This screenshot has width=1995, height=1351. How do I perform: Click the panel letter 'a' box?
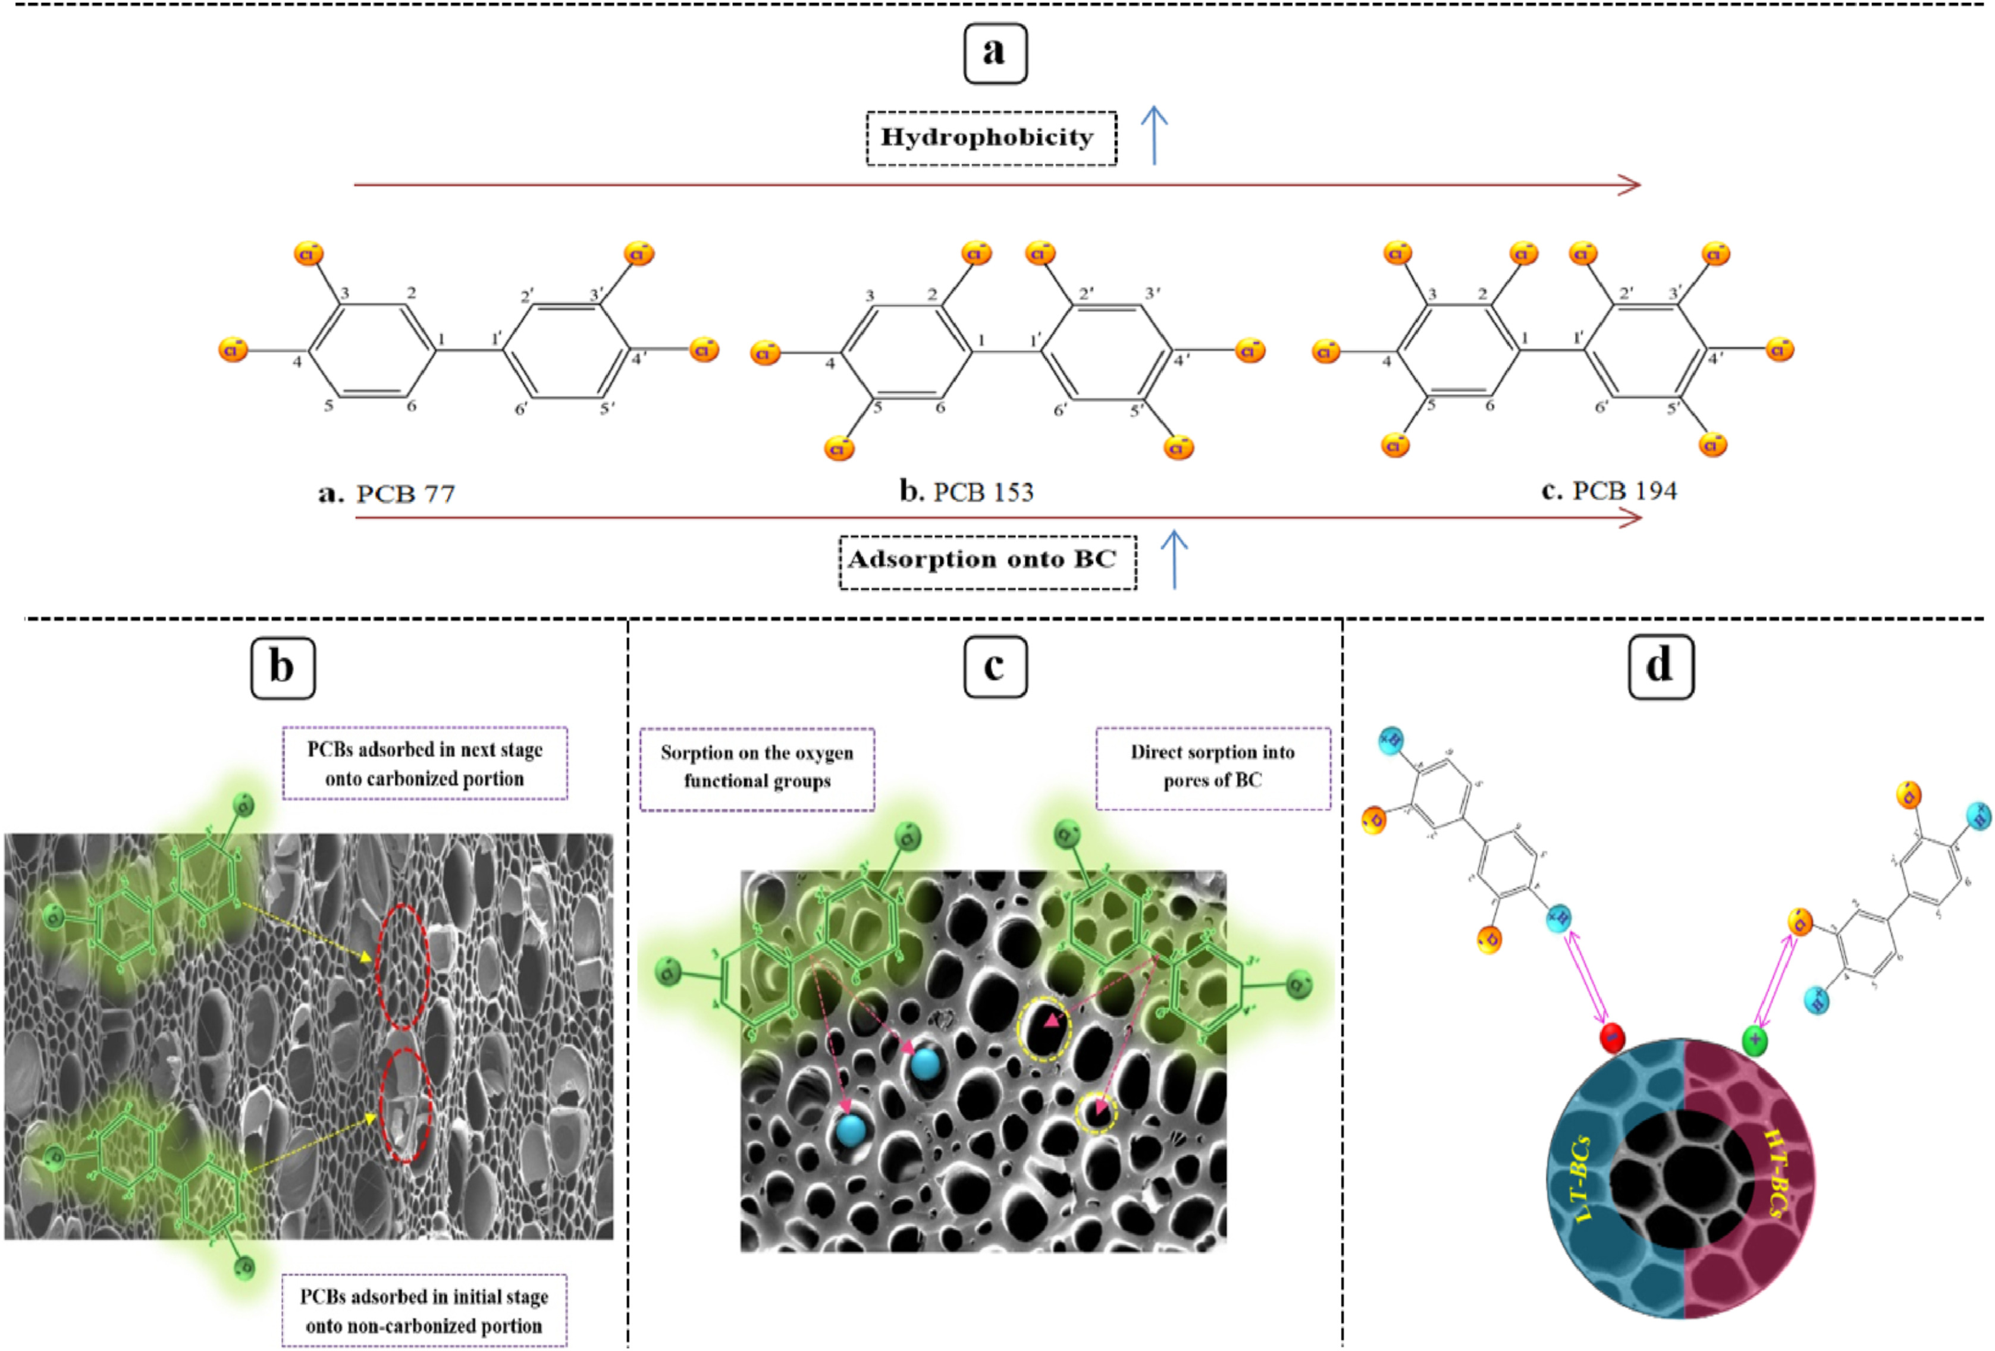coord(995,53)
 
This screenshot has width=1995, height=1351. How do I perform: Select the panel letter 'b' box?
coord(283,668)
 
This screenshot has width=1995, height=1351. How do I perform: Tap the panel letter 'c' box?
coord(995,667)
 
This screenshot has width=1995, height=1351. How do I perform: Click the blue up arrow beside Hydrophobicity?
coord(1154,135)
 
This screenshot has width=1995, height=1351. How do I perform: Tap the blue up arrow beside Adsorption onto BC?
coord(1174,559)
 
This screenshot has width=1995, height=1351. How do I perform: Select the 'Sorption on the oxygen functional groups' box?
coord(757,767)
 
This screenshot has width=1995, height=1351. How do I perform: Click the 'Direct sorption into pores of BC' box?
coord(1212,766)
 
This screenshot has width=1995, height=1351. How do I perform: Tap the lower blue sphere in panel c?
coord(852,1130)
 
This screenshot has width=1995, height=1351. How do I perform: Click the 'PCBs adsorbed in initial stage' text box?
coord(424,1310)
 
